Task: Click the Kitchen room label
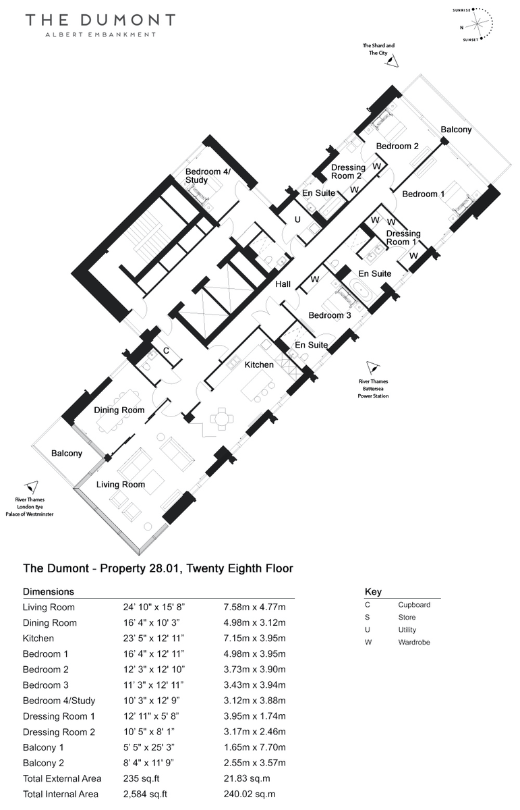click(259, 364)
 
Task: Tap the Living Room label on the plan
click(120, 485)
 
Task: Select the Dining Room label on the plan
click(119, 410)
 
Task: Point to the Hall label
click(283, 284)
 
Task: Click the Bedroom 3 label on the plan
click(330, 315)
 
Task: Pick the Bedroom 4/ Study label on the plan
click(208, 175)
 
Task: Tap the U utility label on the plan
click(297, 219)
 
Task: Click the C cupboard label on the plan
click(166, 351)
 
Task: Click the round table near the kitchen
click(222, 419)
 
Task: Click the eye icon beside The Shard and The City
click(392, 60)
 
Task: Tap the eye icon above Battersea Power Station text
click(372, 368)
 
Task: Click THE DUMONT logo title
click(100, 20)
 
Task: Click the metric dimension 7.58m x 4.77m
click(254, 607)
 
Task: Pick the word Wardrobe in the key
click(414, 642)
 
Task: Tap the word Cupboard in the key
click(414, 605)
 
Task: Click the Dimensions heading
click(49, 591)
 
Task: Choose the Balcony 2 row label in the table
click(43, 763)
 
